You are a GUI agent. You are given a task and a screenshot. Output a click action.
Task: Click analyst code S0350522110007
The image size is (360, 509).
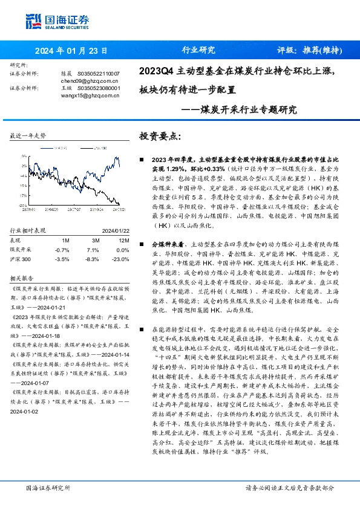pyautogui.click(x=98, y=73)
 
